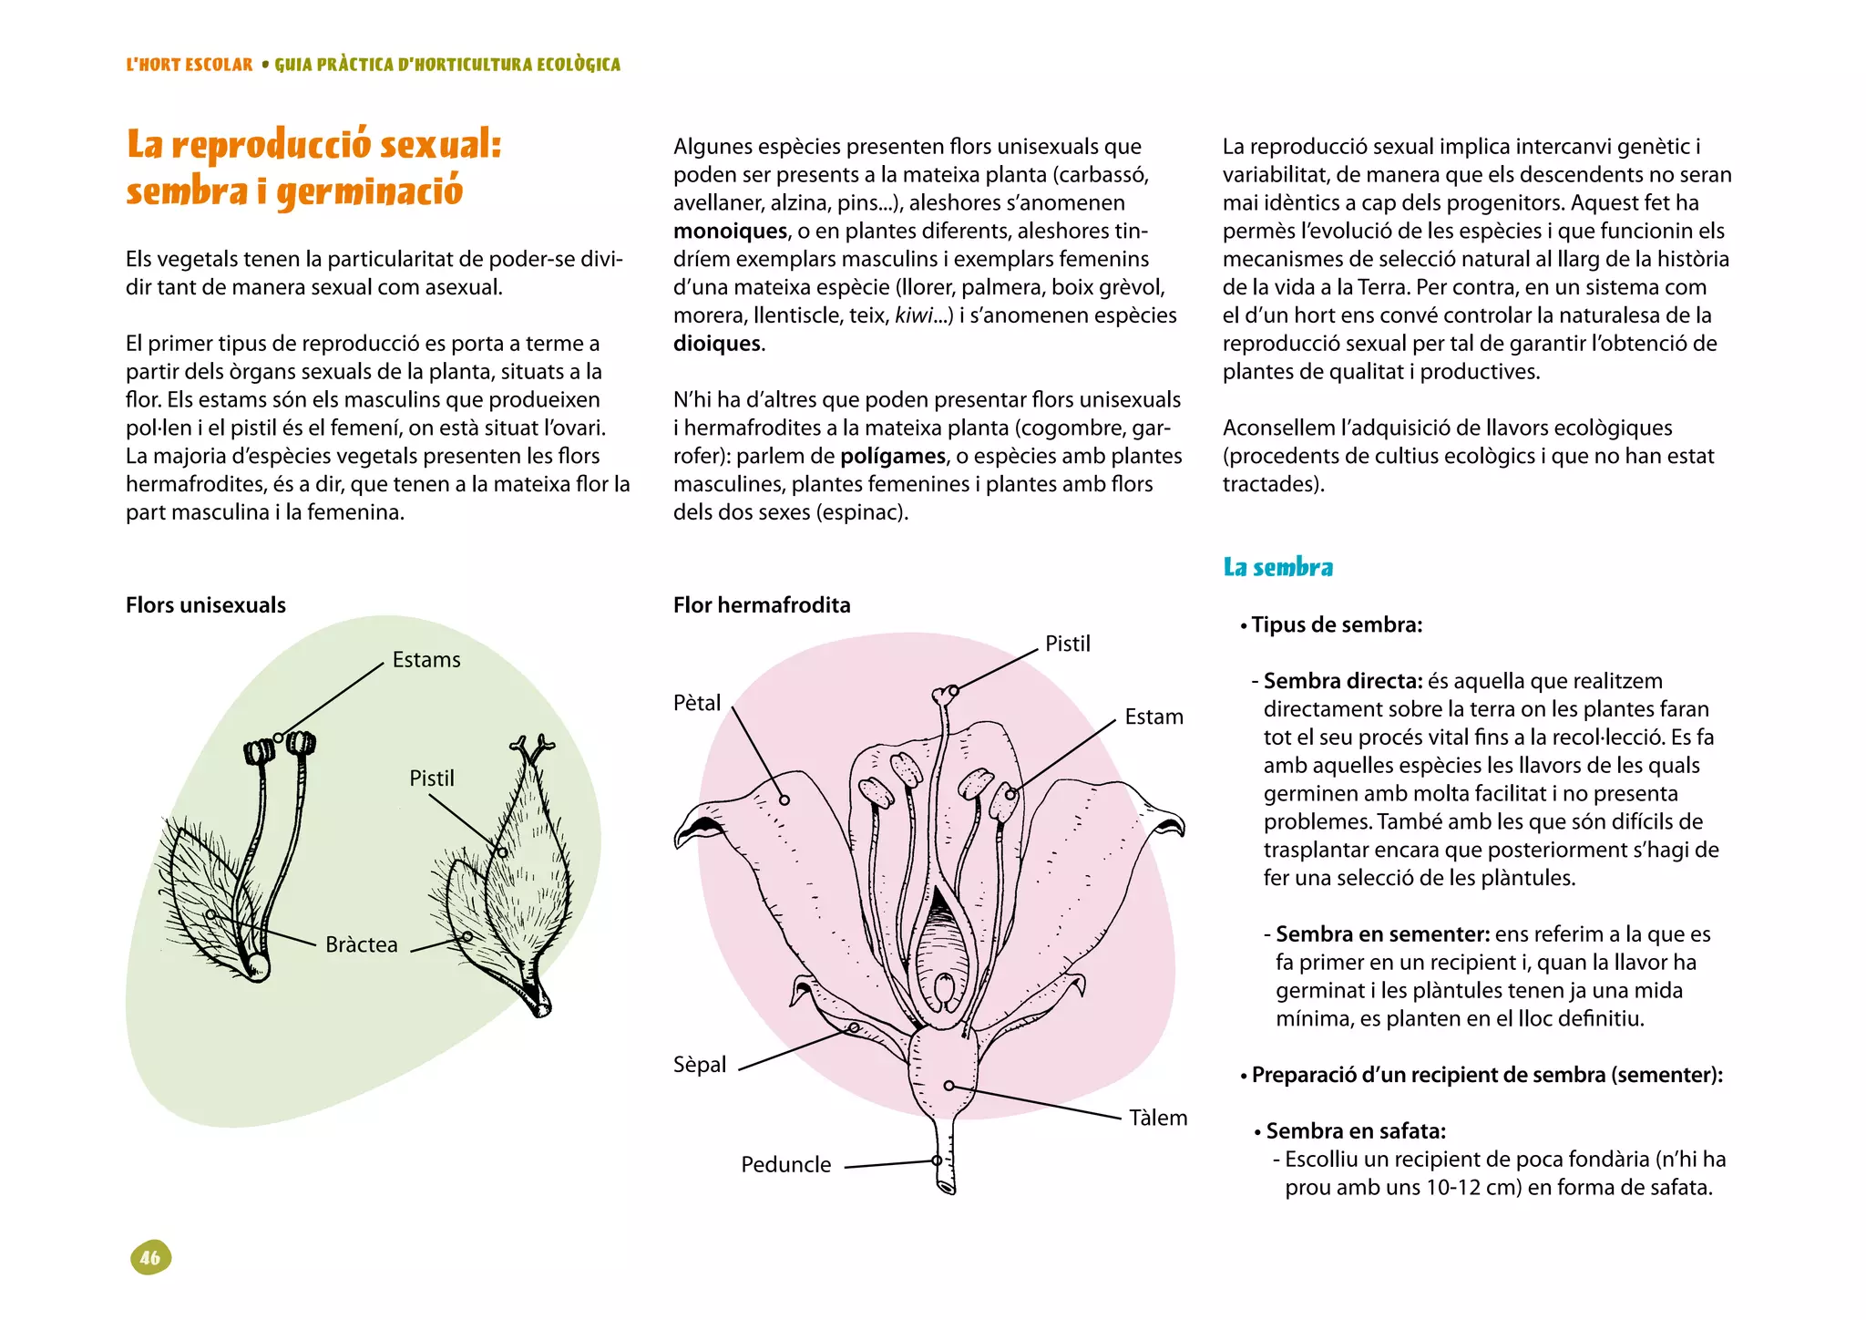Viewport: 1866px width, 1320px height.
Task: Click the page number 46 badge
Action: pos(150,1258)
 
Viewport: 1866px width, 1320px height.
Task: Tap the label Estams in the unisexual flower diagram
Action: pos(426,660)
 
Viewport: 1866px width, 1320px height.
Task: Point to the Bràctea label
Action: pos(362,945)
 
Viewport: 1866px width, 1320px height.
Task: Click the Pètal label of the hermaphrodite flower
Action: pos(697,703)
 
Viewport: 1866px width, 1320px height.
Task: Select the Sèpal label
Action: pos(700,1065)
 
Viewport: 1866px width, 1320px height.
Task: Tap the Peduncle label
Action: pos(785,1165)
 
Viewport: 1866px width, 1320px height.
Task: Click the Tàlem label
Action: pos(1158,1119)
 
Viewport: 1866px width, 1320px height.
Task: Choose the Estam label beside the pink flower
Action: pos(1153,717)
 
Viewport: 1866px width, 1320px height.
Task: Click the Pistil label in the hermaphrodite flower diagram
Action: pos(1067,645)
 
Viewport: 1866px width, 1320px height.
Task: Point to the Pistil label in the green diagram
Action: pos(431,779)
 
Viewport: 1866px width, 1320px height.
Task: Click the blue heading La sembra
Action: pos(1277,568)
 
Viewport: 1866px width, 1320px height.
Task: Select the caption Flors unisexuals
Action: pos(206,605)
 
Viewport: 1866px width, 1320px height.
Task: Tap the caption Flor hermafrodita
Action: pos(762,605)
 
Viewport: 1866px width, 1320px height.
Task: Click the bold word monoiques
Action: pos(730,232)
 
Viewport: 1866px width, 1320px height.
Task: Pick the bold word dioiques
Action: pos(717,344)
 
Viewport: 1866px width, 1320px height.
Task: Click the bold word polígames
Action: pos(893,456)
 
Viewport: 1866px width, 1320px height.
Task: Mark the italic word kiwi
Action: pos(913,315)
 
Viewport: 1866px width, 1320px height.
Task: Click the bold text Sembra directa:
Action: pos(1342,681)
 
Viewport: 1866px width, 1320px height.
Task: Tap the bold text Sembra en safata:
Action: pos(1356,1131)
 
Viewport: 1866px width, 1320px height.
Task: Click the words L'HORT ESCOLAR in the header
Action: pos(190,65)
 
